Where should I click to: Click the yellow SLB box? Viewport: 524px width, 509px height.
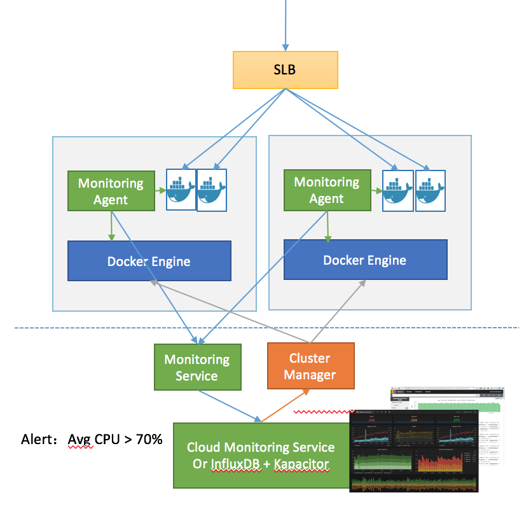click(284, 70)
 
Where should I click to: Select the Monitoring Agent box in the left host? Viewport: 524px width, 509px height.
click(111, 191)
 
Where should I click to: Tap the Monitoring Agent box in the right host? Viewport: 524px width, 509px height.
click(326, 190)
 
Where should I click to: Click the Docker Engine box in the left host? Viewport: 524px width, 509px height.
click(149, 261)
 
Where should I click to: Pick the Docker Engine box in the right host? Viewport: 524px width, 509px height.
click(364, 260)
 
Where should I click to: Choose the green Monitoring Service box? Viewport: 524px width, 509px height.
click(197, 367)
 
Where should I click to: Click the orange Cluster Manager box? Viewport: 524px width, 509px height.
click(310, 366)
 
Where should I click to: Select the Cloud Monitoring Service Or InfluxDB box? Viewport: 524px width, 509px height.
click(261, 456)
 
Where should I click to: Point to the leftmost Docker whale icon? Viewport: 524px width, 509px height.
click(181, 189)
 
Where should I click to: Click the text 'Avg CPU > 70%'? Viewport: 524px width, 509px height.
click(115, 439)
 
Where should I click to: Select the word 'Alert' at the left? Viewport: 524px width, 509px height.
click(38, 439)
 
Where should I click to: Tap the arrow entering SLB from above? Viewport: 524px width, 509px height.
click(286, 25)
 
